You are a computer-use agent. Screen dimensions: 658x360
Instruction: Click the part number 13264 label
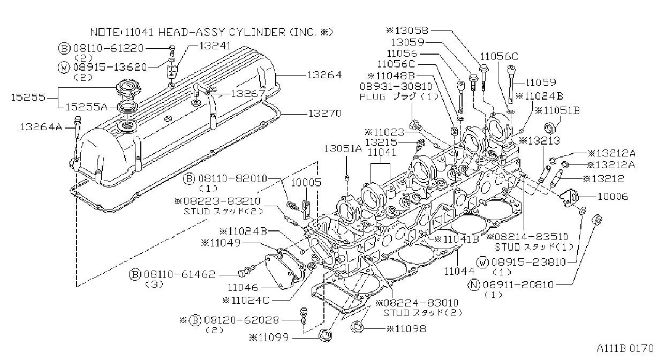point(324,75)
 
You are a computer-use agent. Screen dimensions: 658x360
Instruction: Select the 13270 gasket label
point(325,113)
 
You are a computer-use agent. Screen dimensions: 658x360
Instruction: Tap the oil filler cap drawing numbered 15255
point(128,87)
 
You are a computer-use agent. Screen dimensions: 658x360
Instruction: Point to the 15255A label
point(86,107)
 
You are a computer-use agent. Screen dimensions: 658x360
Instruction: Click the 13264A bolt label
point(41,127)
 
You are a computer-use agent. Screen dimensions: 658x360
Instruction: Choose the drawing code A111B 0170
point(625,348)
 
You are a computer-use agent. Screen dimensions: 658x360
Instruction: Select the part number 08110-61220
point(108,48)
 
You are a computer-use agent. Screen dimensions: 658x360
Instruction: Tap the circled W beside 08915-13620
point(64,67)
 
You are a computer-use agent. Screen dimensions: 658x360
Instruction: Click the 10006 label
point(613,196)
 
